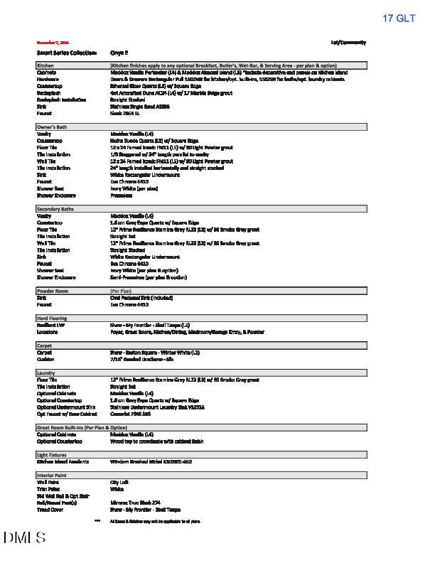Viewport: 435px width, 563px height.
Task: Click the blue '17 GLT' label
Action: pos(399,18)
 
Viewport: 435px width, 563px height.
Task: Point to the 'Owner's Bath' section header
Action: pos(51,127)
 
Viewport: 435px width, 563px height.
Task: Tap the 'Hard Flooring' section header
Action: pos(52,317)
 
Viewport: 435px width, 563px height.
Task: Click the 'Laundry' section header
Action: pos(45,372)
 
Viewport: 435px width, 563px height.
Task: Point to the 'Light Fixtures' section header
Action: pos(52,454)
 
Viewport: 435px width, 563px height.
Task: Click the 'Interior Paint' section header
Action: pos(53,474)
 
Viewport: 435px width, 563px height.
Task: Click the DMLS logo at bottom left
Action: pos(24,537)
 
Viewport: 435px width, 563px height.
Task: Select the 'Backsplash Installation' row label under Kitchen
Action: pos(62,99)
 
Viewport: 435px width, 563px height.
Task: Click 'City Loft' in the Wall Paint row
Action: pos(119,482)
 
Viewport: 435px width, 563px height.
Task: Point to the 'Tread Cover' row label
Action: pos(50,509)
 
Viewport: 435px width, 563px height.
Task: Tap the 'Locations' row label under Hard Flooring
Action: pos(48,331)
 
